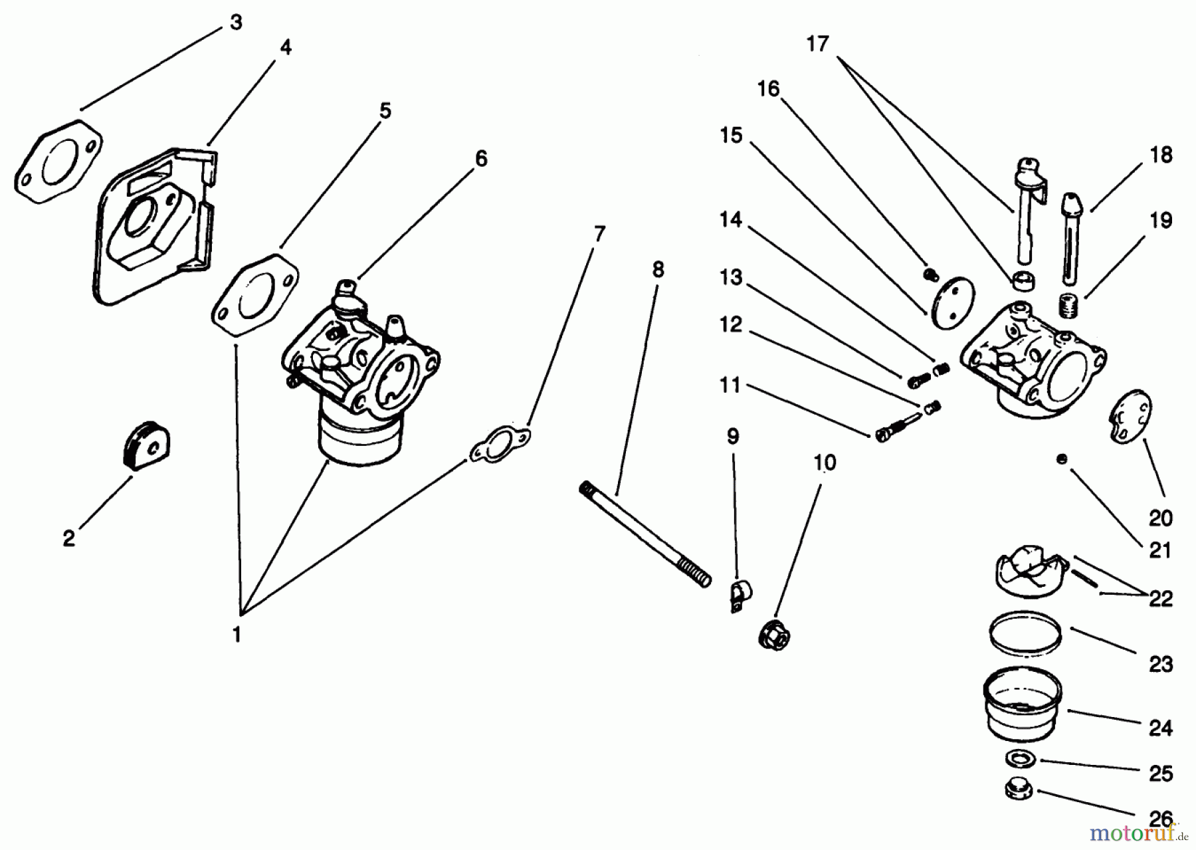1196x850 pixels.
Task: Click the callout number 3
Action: (236, 22)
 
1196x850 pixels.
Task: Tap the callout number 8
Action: (657, 269)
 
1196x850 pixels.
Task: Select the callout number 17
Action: (818, 44)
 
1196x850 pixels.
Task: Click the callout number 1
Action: (236, 635)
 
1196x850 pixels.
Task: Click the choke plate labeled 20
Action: (1131, 417)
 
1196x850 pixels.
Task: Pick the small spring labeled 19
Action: (1069, 307)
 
